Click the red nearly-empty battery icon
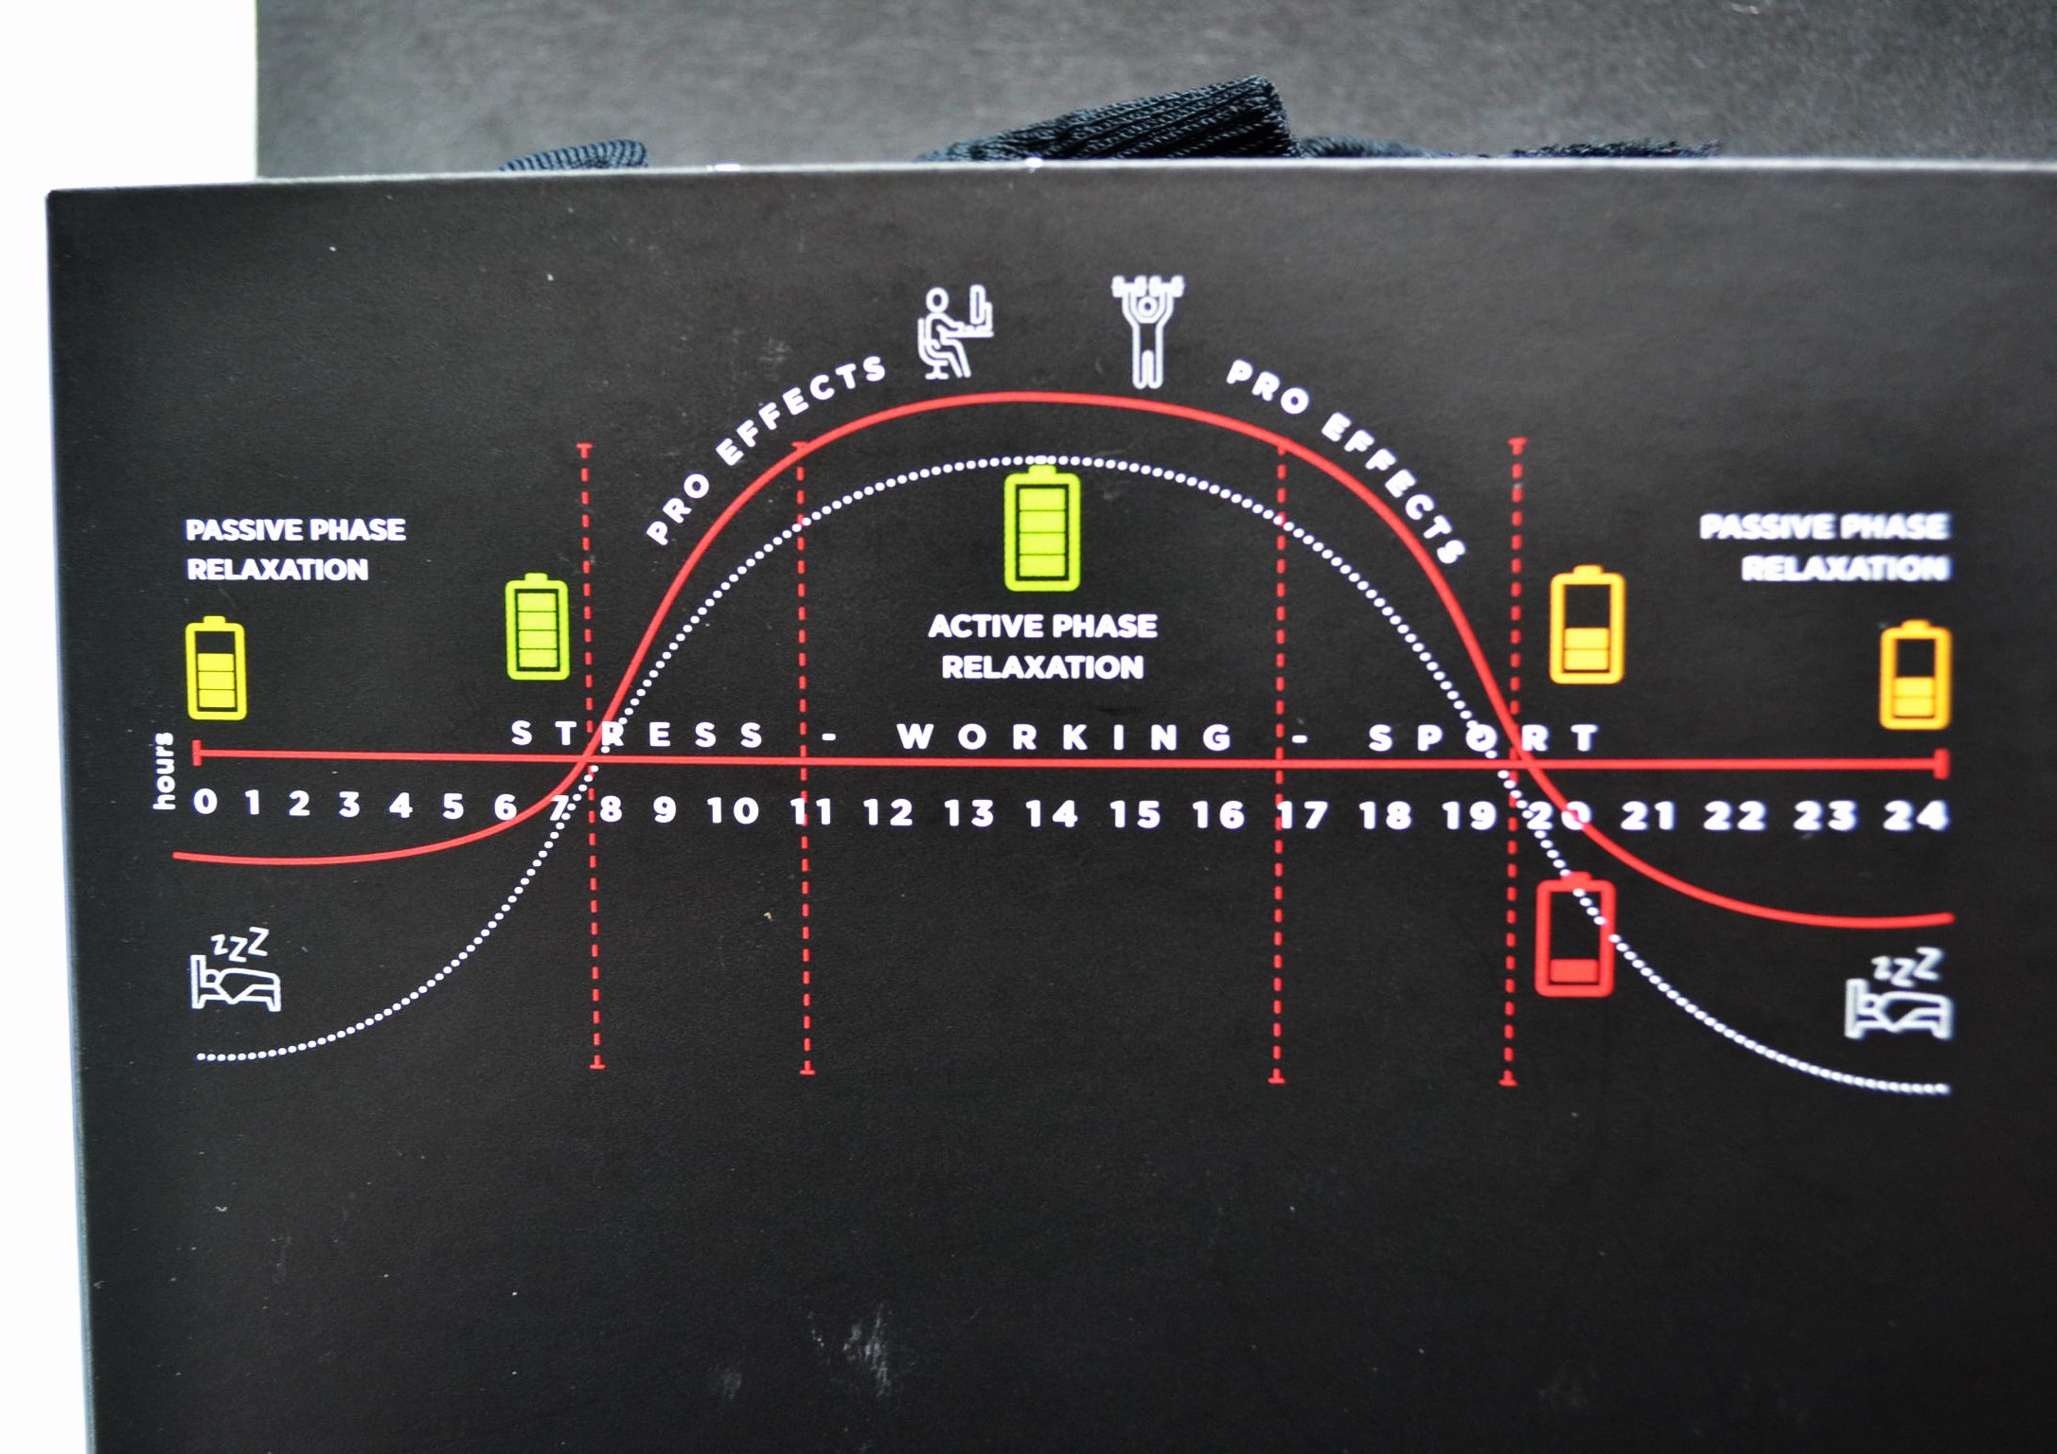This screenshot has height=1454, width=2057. click(1574, 936)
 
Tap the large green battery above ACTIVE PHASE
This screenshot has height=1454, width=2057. click(1042, 527)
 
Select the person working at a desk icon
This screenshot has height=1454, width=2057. click(954, 332)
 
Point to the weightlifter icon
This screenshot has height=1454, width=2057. click(1147, 331)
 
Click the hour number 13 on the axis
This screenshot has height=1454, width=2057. click(969, 813)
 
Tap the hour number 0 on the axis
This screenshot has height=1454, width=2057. click(204, 802)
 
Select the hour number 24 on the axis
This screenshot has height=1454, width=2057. click(1914, 815)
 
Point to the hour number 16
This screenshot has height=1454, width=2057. click(1218, 814)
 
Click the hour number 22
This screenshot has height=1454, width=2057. click(1734, 815)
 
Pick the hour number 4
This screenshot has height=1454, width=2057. click(400, 806)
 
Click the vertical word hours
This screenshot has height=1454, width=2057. click(164, 771)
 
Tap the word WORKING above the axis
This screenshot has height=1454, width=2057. click(1065, 736)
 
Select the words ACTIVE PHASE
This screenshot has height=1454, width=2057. click(1042, 626)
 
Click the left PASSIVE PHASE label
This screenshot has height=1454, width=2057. click(295, 529)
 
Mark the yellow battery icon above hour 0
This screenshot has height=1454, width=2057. click(216, 668)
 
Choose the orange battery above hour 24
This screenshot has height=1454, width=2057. click(1914, 675)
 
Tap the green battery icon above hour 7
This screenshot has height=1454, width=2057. click(538, 627)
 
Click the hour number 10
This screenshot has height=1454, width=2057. click(733, 810)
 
